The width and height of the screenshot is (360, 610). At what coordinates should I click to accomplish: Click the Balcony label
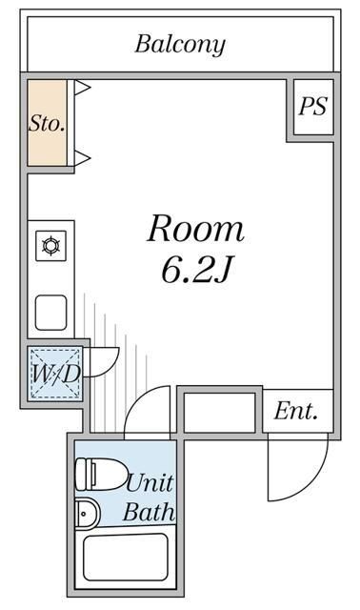point(180,44)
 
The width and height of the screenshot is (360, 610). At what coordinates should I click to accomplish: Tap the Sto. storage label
point(46,124)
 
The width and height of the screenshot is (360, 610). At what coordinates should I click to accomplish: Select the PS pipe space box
point(312,106)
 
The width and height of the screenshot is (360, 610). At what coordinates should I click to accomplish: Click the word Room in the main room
point(195,229)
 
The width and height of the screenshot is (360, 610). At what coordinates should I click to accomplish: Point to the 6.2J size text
point(196,271)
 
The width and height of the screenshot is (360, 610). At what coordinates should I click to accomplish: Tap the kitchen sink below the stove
point(50,312)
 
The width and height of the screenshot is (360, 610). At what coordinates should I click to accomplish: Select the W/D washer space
point(54,373)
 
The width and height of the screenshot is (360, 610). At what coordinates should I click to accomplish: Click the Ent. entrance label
point(296,412)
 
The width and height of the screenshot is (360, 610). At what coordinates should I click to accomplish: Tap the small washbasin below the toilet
point(87,513)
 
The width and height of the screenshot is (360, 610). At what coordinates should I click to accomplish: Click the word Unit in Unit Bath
point(150,482)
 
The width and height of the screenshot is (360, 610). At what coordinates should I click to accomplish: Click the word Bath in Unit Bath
point(150,513)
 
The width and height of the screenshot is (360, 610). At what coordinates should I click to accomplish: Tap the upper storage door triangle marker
point(82,89)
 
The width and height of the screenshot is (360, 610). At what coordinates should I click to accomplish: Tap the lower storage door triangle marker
point(82,156)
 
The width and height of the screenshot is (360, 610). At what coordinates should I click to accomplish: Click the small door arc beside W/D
point(103,360)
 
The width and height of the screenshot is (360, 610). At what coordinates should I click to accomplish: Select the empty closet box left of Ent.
point(218,412)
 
